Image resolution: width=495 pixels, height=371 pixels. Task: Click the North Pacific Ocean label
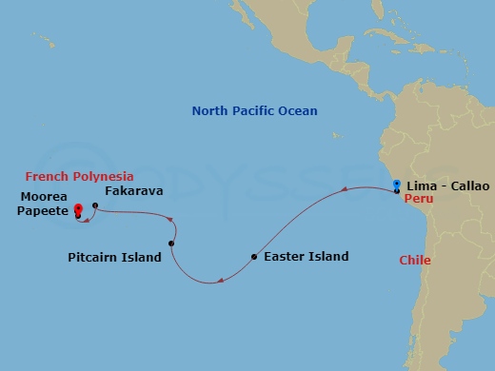254,111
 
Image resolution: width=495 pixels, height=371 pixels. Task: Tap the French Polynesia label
79,177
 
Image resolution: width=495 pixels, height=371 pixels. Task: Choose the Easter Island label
307,257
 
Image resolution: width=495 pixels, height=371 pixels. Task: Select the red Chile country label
414,260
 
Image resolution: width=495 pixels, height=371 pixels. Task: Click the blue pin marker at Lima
396,184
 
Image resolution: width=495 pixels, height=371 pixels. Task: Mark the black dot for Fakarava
95,205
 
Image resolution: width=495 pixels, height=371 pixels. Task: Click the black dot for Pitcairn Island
170,244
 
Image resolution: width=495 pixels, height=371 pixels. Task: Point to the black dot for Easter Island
253,257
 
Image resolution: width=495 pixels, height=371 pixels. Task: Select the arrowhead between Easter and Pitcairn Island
220,280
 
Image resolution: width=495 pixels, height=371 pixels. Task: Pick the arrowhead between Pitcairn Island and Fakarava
170,223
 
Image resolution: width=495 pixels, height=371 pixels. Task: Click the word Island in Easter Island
328,257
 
